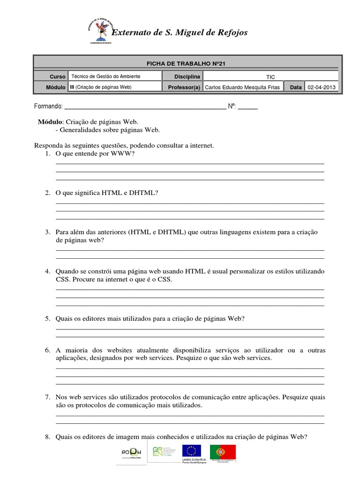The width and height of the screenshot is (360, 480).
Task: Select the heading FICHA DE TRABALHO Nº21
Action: (186, 64)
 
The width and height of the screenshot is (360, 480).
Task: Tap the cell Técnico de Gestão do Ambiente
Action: (105, 76)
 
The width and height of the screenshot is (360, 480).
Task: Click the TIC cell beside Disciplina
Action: (270, 76)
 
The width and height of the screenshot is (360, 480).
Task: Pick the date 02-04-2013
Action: (322, 87)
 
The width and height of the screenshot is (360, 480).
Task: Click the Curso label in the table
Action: (58, 76)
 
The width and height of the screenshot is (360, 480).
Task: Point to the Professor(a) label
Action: (184, 87)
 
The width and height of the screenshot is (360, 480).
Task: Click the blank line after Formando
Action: (144, 107)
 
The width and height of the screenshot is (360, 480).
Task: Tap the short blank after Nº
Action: (248, 107)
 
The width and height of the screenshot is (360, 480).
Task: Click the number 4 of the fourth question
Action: (47, 271)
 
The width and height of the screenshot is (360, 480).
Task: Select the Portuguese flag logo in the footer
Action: (223, 452)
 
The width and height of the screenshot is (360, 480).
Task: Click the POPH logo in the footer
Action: (132, 453)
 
